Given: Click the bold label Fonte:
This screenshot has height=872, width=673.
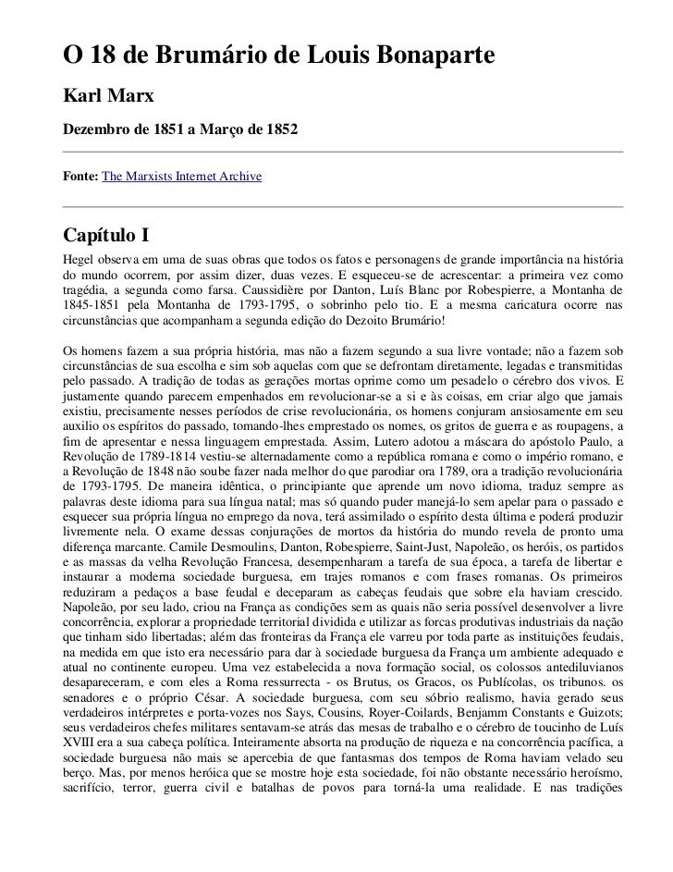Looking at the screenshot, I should [x=80, y=175].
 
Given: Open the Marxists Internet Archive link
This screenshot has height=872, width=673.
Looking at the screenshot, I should [x=182, y=175].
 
